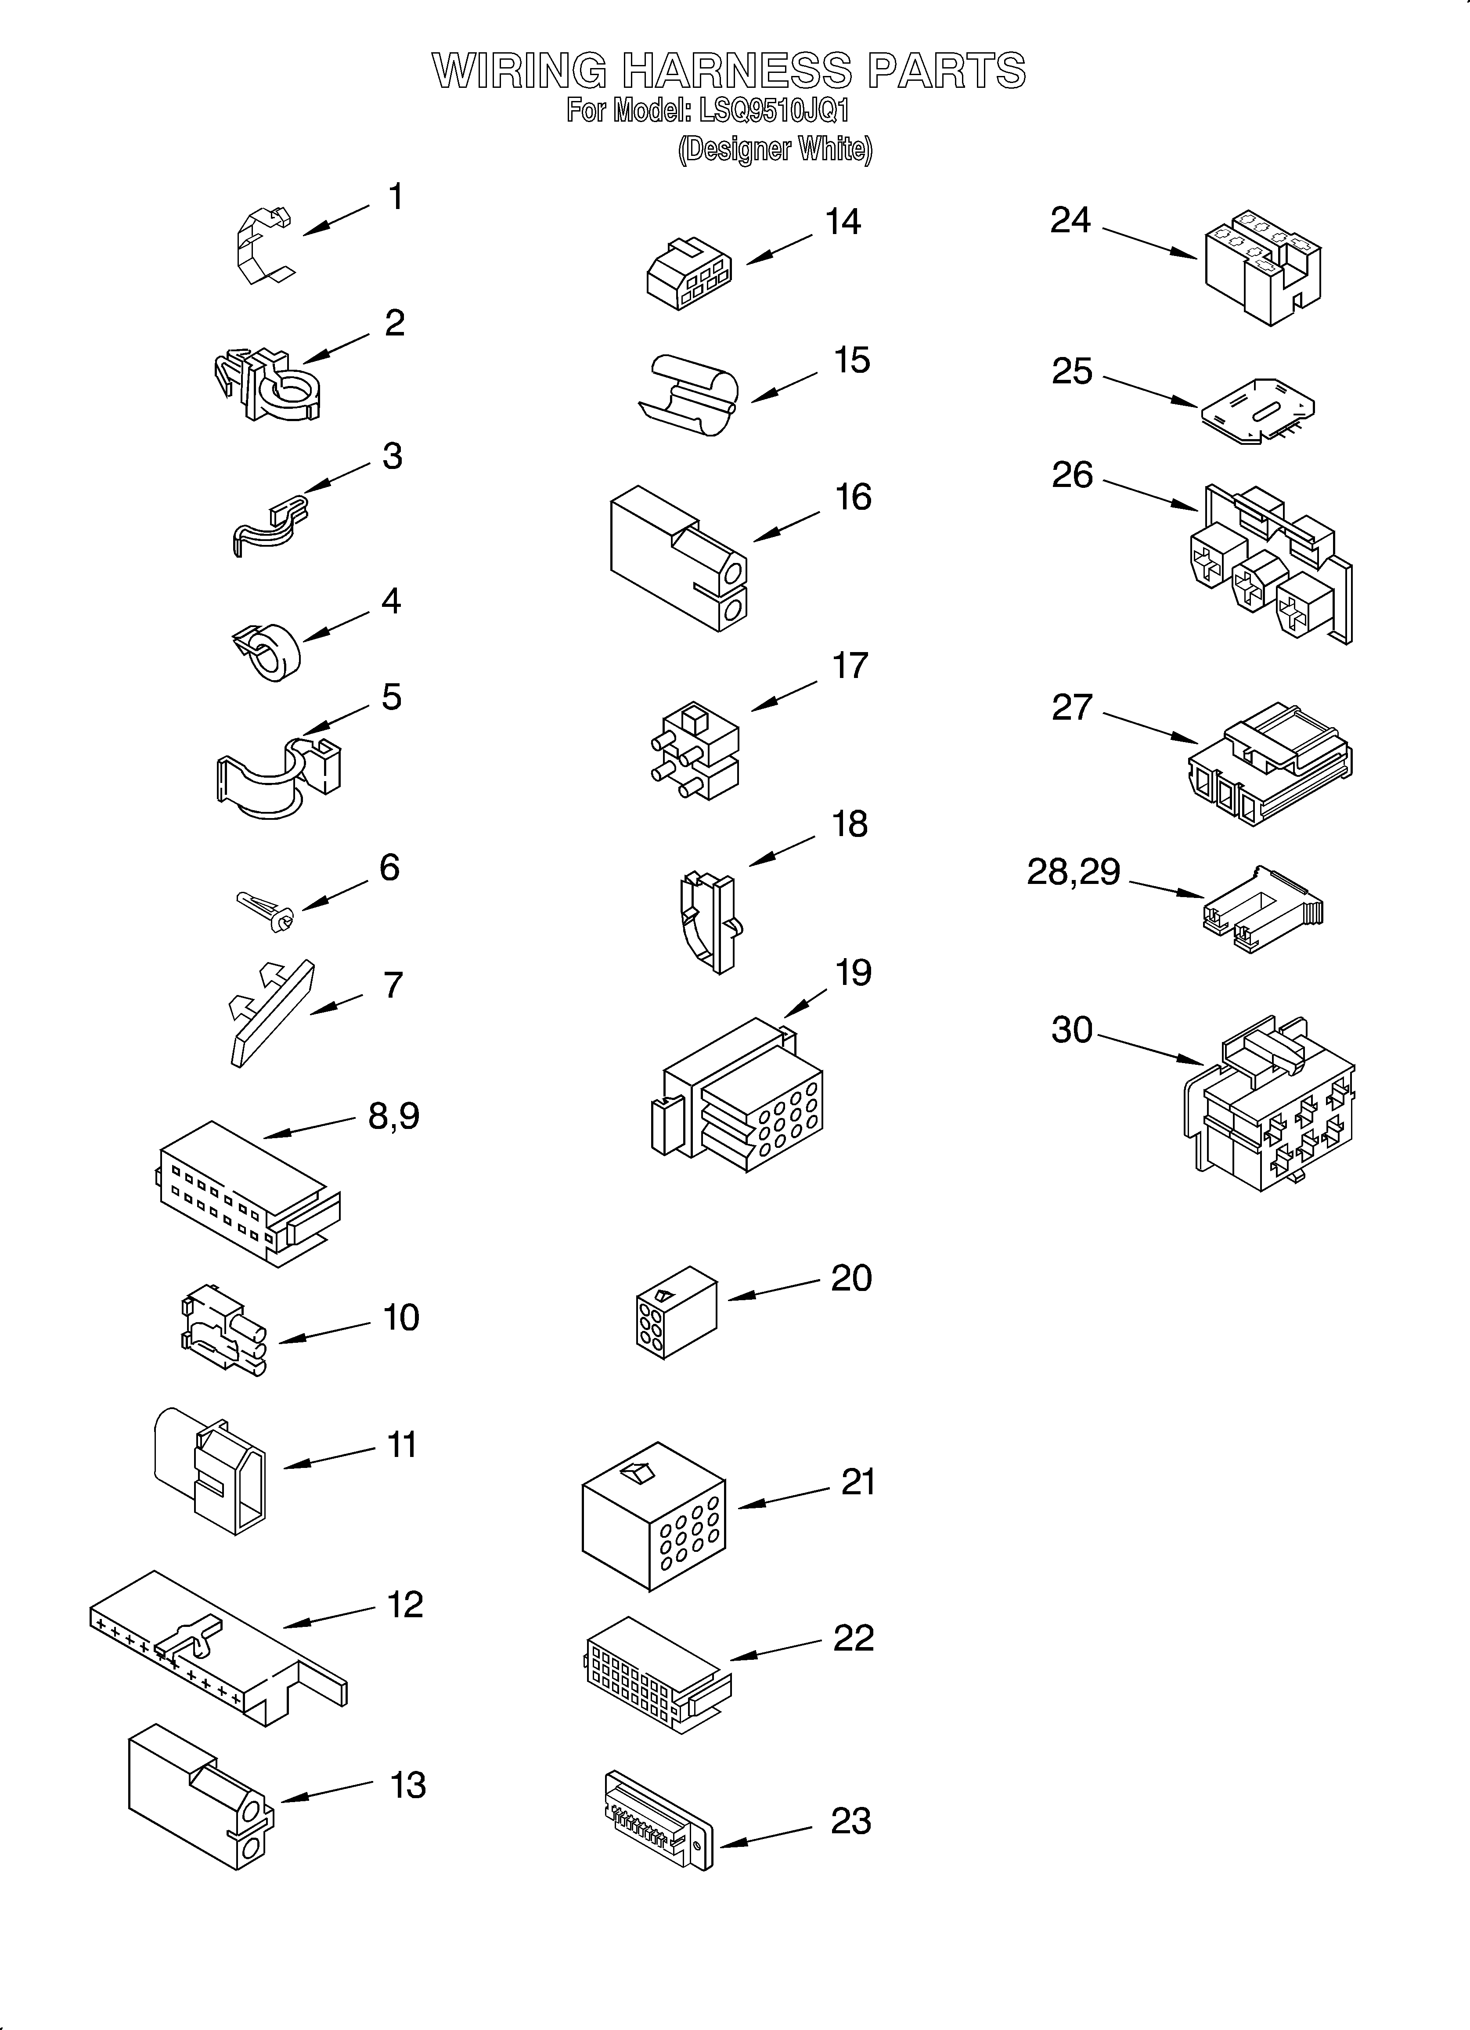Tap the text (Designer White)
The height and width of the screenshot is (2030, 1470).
(x=775, y=149)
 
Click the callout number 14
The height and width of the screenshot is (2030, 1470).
(x=843, y=222)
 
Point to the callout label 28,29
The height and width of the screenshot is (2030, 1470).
(x=1073, y=872)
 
